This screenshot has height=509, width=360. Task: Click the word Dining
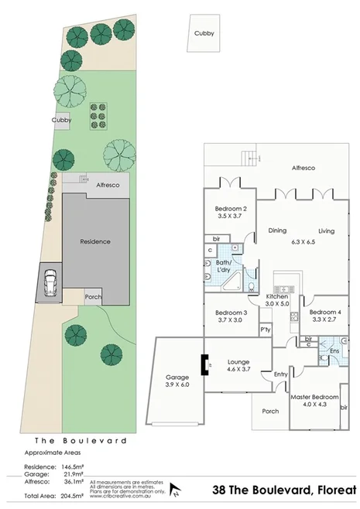(277, 231)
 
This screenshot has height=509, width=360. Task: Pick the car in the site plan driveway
(50, 282)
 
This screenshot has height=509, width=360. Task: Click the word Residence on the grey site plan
(95, 241)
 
